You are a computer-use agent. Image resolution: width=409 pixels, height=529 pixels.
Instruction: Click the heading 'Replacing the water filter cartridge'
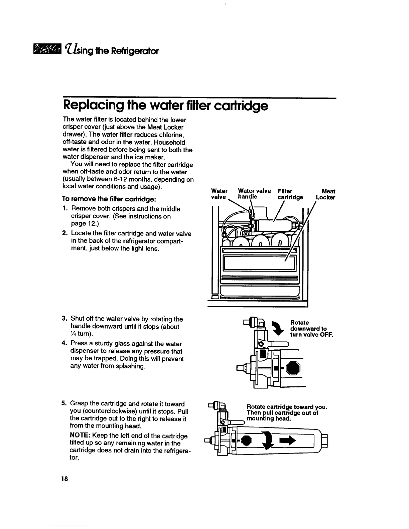click(165, 106)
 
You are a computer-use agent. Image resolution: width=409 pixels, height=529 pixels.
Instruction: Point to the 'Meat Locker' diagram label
click(325, 194)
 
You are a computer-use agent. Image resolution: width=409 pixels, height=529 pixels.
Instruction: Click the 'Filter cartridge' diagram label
click(290, 194)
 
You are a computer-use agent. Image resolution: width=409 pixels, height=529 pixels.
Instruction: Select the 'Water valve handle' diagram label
click(254, 194)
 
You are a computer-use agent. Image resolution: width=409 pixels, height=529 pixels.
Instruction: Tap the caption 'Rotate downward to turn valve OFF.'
click(311, 329)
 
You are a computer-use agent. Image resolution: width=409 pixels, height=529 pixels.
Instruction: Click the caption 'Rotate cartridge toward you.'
click(286, 407)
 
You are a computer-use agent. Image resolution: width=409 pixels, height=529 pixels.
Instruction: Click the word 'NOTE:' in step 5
click(81, 436)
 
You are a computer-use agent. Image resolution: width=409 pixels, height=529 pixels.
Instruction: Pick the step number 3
click(64, 319)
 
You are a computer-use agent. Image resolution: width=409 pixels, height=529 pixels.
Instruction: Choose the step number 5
click(64, 404)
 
